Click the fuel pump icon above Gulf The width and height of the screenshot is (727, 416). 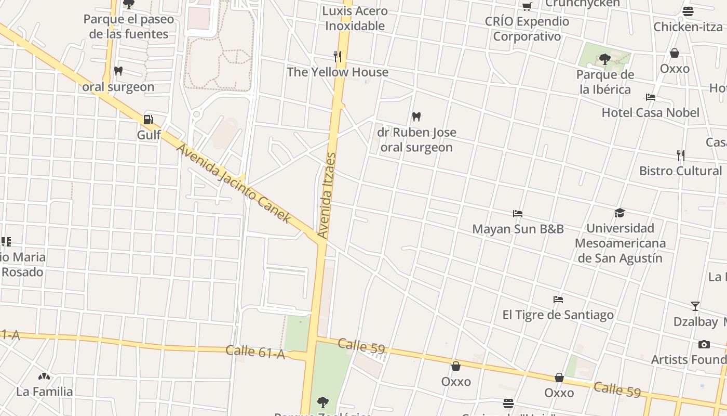tap(148, 120)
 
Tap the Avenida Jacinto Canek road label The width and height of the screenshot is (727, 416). tap(234, 184)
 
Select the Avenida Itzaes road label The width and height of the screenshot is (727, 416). tap(327, 196)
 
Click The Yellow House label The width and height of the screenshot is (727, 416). tap(338, 72)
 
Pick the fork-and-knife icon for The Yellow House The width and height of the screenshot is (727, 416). tap(338, 57)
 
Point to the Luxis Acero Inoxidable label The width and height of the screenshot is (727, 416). tap(355, 18)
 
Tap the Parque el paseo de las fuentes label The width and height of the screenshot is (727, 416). tap(129, 27)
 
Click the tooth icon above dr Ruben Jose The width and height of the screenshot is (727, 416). tap(416, 117)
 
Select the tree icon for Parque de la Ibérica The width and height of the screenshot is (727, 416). tap(604, 59)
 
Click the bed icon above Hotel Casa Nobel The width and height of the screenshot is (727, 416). tap(650, 97)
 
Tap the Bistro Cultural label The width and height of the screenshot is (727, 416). tap(680, 171)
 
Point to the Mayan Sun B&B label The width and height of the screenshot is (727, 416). tap(518, 229)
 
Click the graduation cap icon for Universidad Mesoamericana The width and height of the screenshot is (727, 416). tap(620, 213)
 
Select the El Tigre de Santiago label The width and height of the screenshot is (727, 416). tap(558, 315)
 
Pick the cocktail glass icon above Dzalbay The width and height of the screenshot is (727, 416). tap(695, 306)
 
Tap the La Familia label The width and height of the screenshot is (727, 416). tap(45, 392)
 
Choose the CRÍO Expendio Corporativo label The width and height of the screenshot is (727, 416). tap(527, 29)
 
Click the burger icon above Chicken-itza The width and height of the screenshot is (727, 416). tap(688, 11)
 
